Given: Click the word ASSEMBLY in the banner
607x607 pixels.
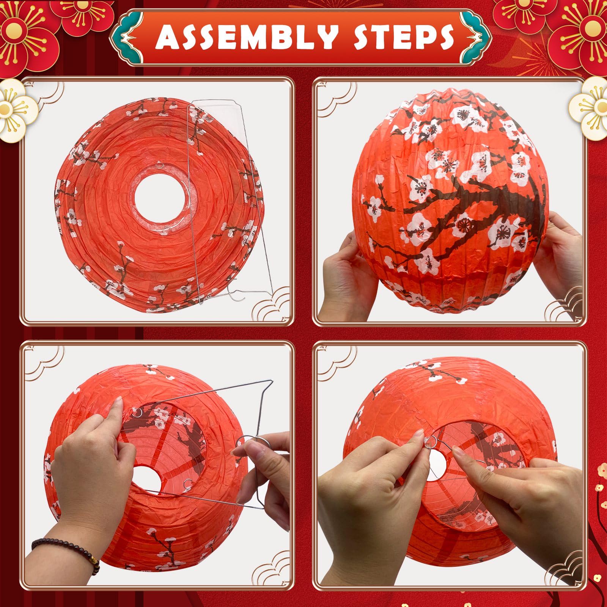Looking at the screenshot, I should [x=246, y=37].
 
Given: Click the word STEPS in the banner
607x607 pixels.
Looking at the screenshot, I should [x=404, y=37].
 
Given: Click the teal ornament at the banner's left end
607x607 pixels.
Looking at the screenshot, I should [x=127, y=37].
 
